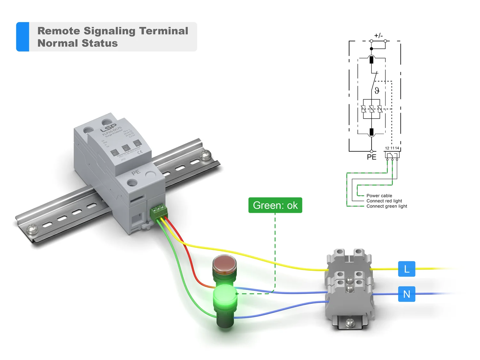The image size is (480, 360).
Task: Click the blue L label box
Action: point(406,269)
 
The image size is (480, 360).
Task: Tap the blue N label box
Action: point(406,294)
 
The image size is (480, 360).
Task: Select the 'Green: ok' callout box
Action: point(275,205)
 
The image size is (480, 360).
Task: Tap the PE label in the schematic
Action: point(372,157)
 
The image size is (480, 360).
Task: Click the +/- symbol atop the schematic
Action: point(378,36)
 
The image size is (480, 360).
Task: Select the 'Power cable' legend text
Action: point(379,196)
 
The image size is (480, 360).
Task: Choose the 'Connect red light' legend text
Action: point(384,201)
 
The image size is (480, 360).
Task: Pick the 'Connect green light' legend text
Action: point(387,206)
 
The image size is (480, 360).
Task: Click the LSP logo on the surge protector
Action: point(108,128)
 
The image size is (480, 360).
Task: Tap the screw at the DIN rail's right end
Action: point(205,155)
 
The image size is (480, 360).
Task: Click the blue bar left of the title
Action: point(23,37)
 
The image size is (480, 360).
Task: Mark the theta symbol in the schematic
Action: point(377,91)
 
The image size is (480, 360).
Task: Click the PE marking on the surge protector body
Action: point(136,172)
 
